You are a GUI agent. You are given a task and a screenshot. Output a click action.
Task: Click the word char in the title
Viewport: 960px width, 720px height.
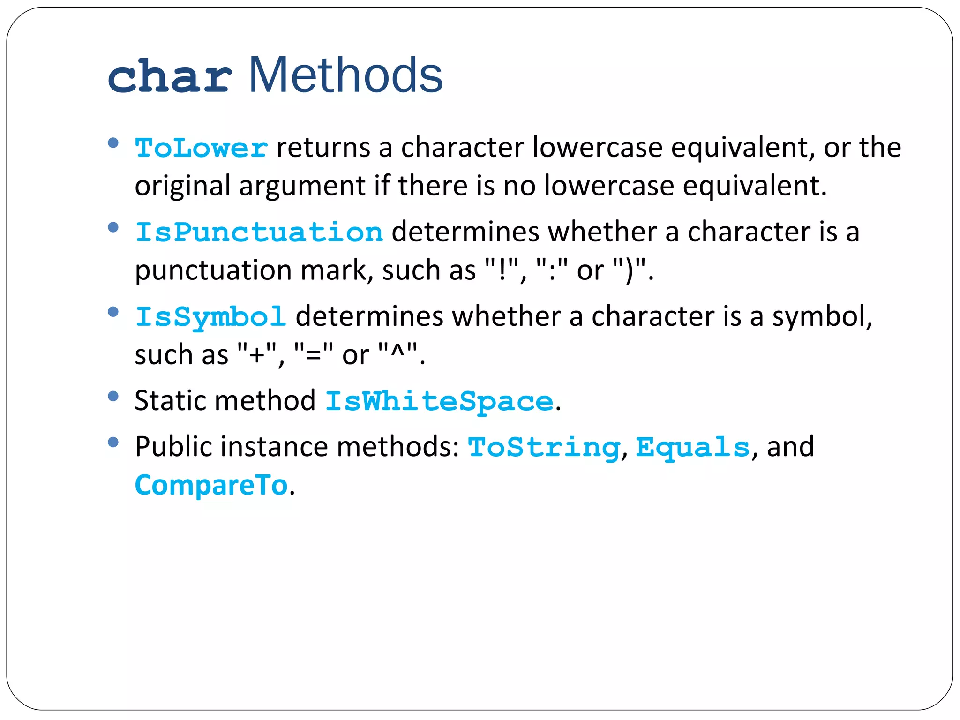(169, 76)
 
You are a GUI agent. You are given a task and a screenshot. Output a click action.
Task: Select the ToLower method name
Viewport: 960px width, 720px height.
(202, 148)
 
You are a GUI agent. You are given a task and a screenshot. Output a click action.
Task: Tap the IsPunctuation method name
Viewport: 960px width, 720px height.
(259, 232)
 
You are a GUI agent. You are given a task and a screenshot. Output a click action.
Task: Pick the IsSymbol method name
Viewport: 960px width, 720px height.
(210, 317)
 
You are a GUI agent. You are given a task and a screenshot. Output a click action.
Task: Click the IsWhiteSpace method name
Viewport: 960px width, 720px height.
(439, 402)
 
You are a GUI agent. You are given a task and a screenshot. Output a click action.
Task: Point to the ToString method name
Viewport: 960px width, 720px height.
(544, 447)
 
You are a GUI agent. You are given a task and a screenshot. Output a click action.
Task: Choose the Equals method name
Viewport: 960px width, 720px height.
(693, 447)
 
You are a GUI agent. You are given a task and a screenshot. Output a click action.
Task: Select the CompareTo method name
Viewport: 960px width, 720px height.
(211, 485)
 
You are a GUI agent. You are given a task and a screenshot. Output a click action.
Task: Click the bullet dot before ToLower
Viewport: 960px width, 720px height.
(113, 142)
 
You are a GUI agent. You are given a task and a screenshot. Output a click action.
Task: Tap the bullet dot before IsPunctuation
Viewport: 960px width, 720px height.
(113, 227)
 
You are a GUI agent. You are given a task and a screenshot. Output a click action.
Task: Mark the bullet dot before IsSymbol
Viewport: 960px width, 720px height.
(113, 312)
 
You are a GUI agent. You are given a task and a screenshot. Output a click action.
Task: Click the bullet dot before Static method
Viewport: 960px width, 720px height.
(113, 397)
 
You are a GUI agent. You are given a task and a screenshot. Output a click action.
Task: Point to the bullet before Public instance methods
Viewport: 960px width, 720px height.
(113, 442)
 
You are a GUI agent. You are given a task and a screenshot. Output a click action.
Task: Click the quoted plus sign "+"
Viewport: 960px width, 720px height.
(257, 355)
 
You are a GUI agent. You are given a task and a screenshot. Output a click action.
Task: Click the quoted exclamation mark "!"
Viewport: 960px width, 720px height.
(503, 270)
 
